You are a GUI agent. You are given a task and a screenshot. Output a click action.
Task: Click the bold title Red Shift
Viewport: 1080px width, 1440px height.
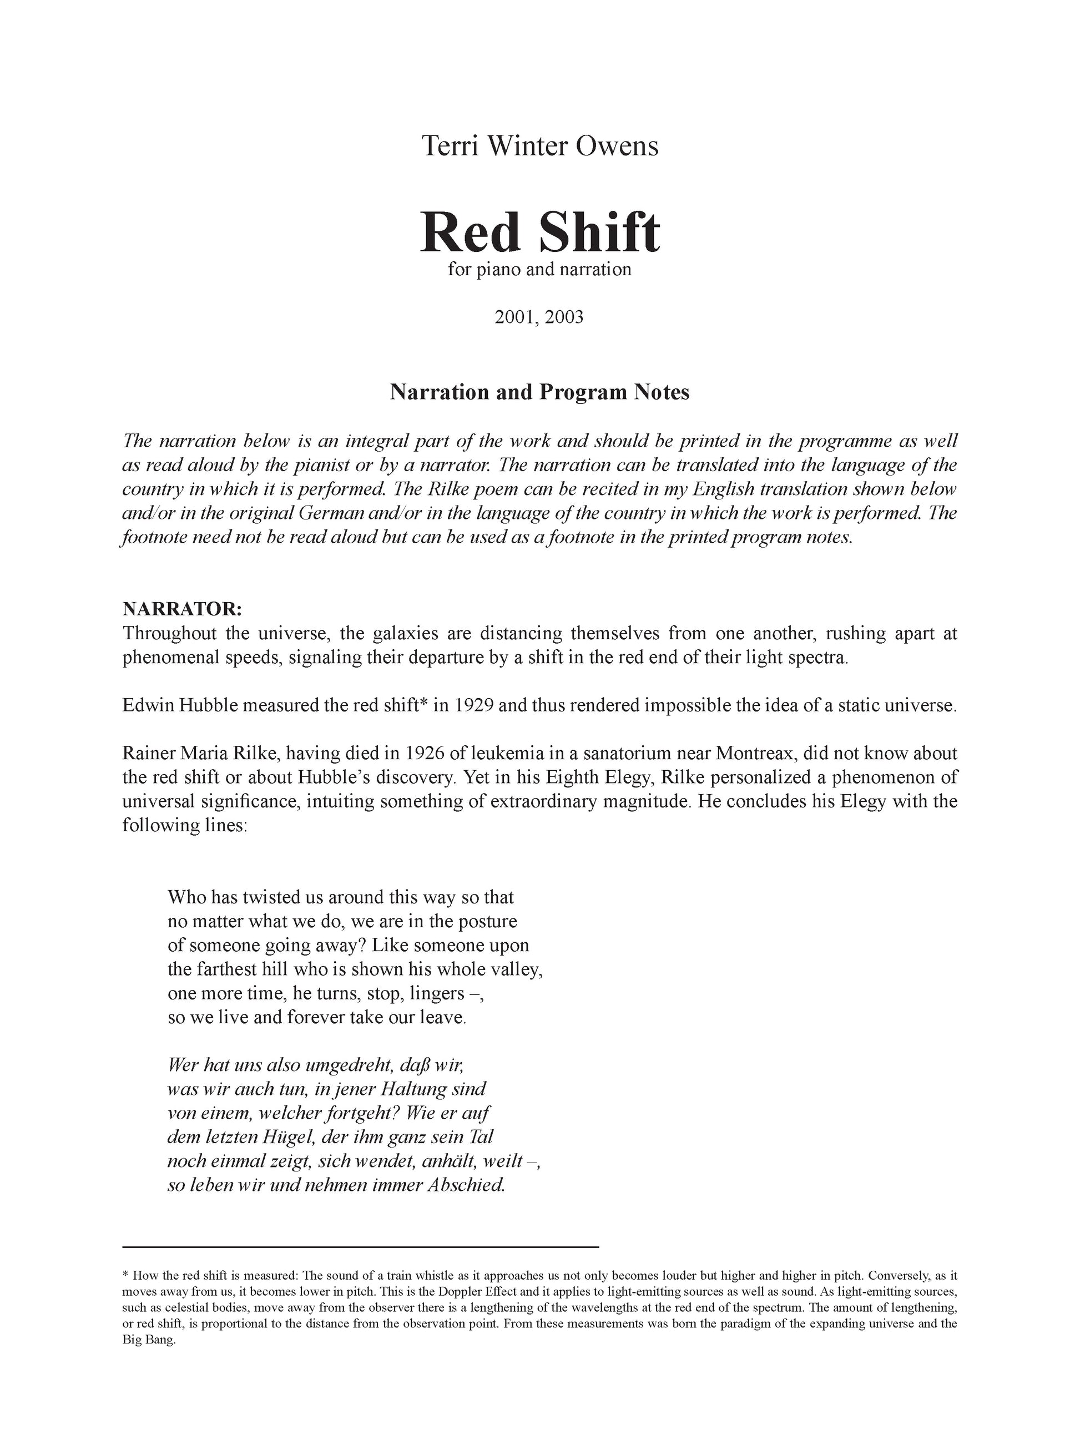(539, 233)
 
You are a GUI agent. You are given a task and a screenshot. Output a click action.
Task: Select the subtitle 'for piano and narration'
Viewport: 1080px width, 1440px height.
(539, 270)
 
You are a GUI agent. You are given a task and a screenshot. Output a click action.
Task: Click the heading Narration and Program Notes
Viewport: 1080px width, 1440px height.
(539, 392)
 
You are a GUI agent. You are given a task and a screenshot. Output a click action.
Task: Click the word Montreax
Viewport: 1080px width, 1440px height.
(756, 753)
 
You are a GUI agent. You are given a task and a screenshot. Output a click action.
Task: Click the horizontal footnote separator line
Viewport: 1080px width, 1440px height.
(360, 1247)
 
